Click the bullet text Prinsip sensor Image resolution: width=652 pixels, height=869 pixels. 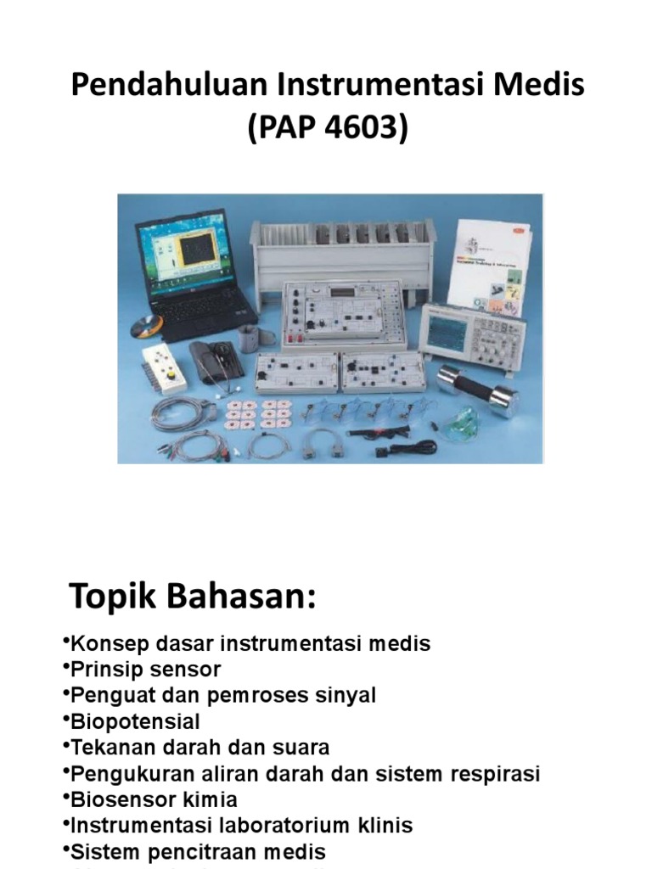pos(145,670)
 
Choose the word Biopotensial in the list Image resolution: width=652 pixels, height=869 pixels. pos(136,722)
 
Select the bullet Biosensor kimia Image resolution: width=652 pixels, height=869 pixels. pos(154,800)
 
